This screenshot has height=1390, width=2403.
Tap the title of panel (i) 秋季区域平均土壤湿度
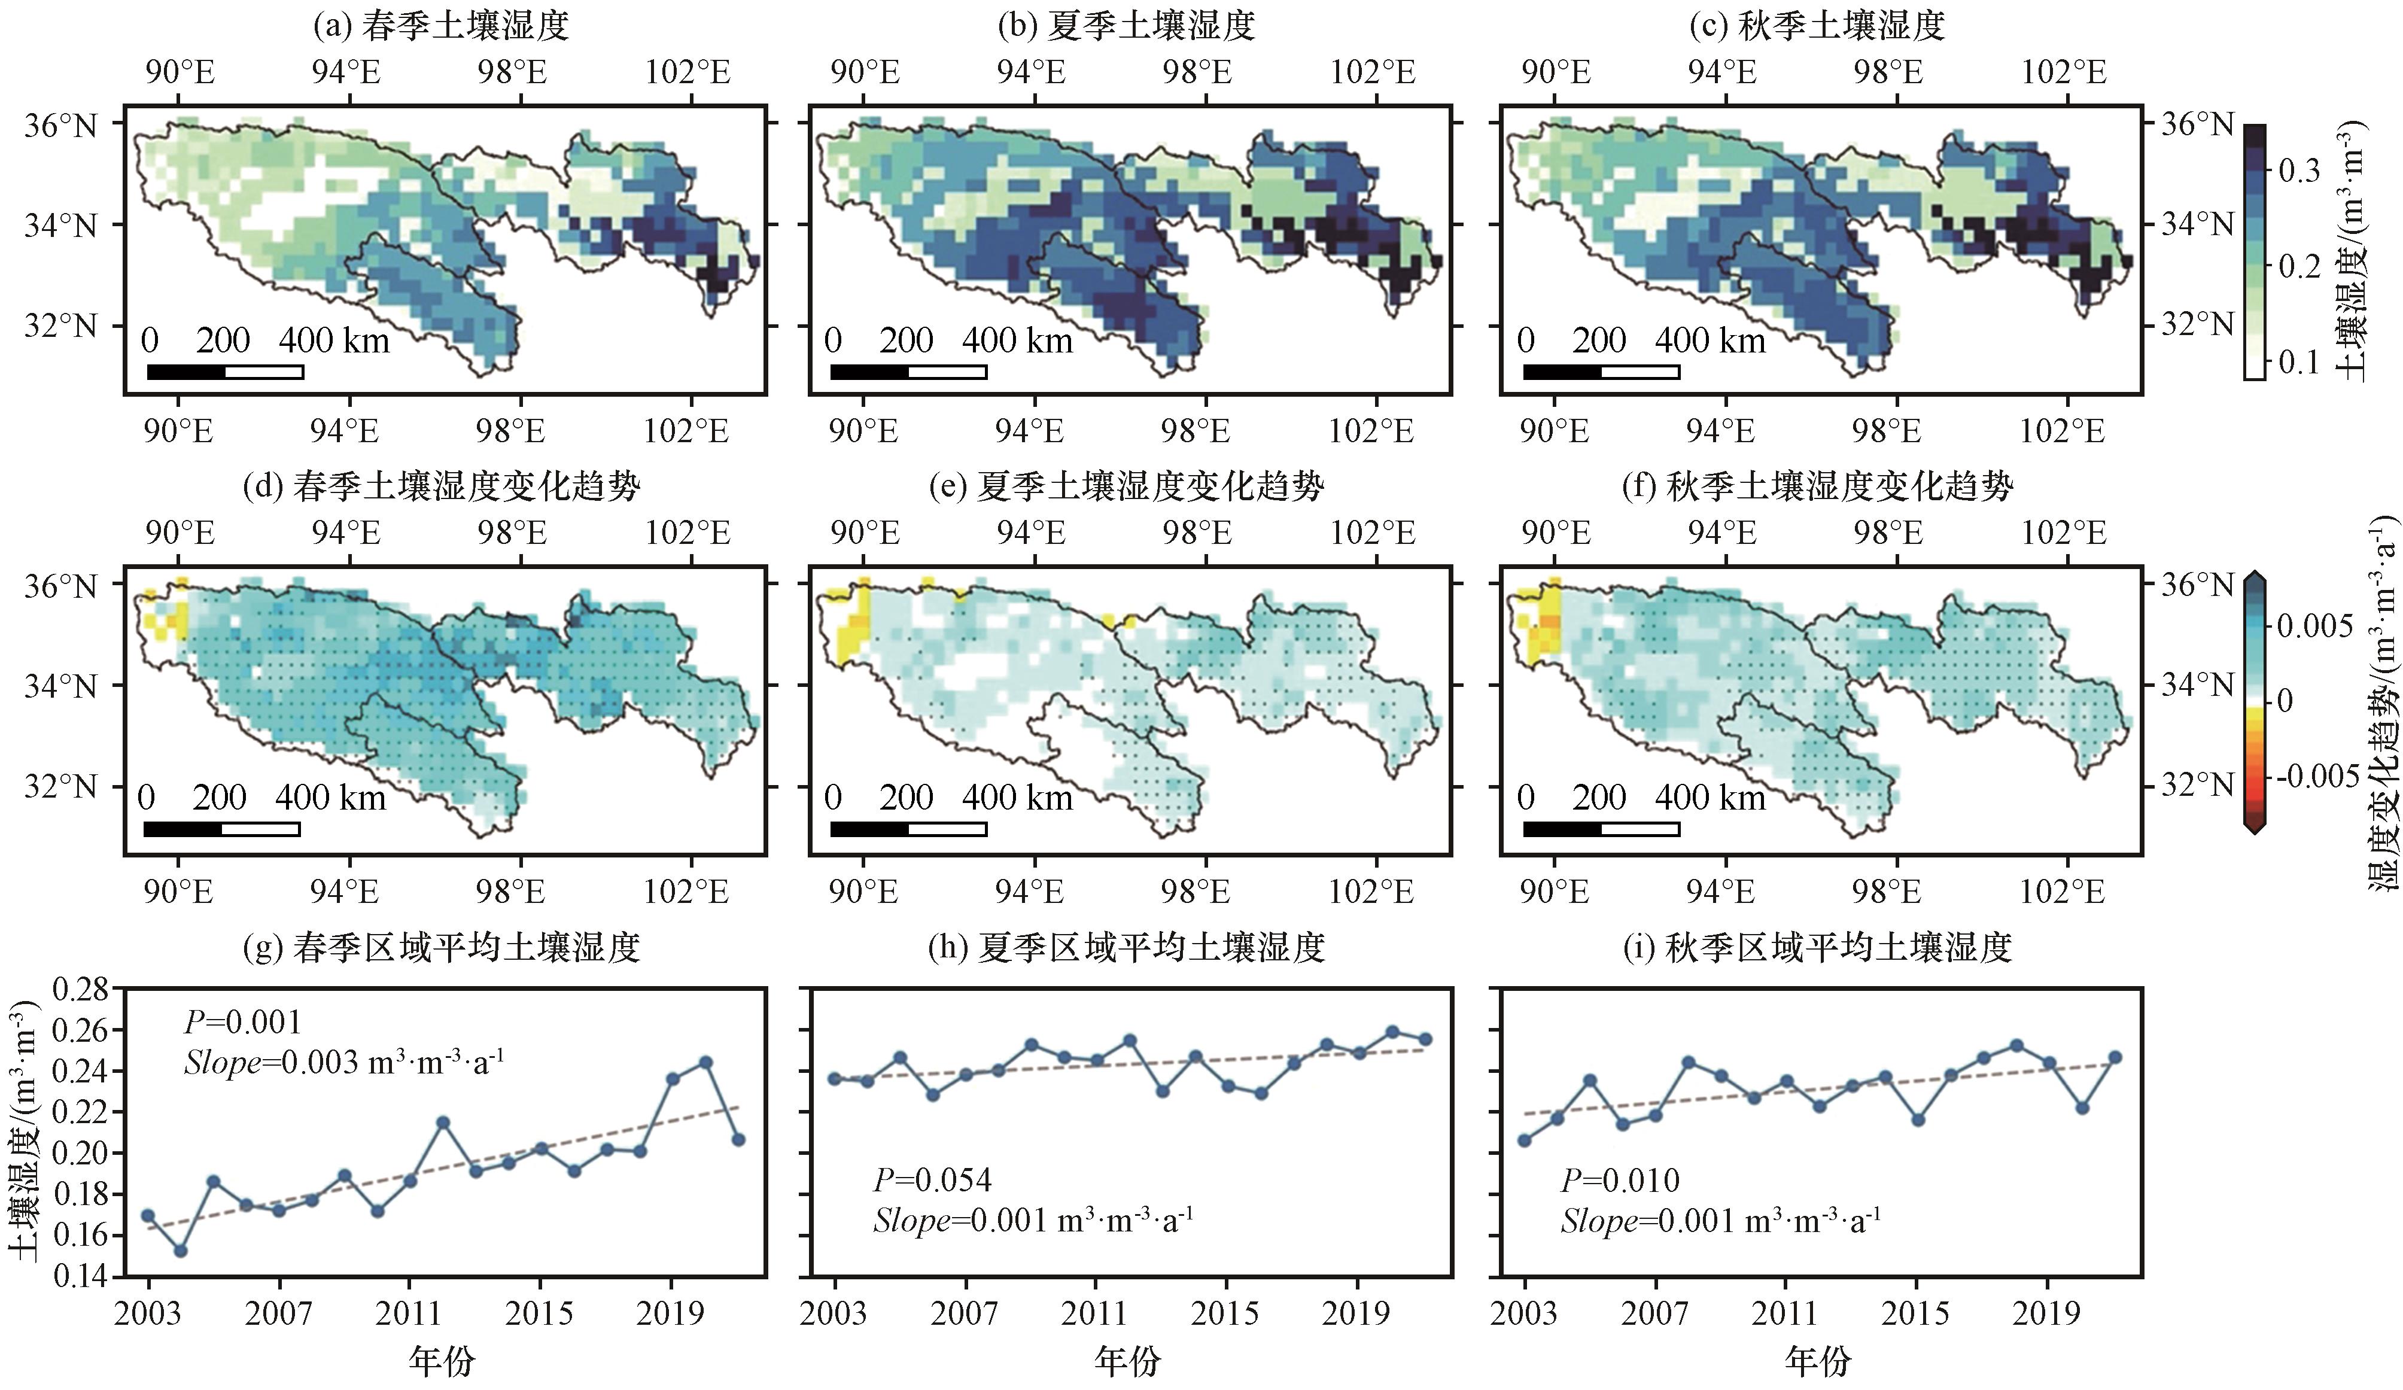(x=1817, y=947)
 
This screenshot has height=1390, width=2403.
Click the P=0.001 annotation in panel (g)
(x=242, y=1022)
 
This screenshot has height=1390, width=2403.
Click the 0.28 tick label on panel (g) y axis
(x=81, y=990)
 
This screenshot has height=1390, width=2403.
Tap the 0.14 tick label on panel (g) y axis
(x=81, y=1276)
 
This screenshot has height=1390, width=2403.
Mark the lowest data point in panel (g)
(x=180, y=1250)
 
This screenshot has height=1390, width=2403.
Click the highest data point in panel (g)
(x=705, y=1062)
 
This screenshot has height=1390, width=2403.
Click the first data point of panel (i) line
(x=1524, y=1140)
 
